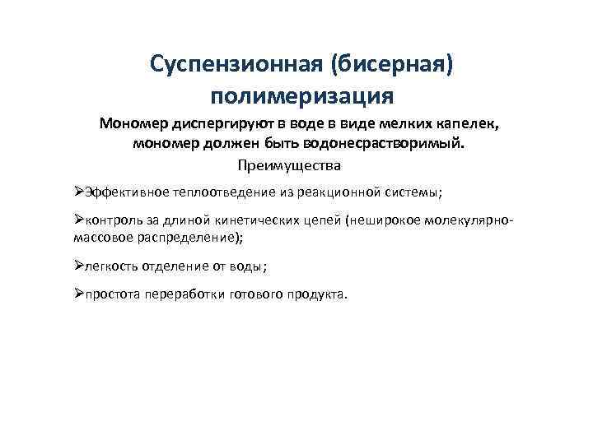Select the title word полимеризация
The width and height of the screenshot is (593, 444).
click(302, 97)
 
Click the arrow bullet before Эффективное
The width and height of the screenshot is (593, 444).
click(78, 192)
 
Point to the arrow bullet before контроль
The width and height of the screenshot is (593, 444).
click(78, 221)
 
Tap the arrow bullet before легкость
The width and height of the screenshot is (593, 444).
click(78, 266)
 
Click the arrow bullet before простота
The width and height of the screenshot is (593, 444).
click(78, 295)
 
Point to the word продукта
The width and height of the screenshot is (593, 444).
click(318, 295)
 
